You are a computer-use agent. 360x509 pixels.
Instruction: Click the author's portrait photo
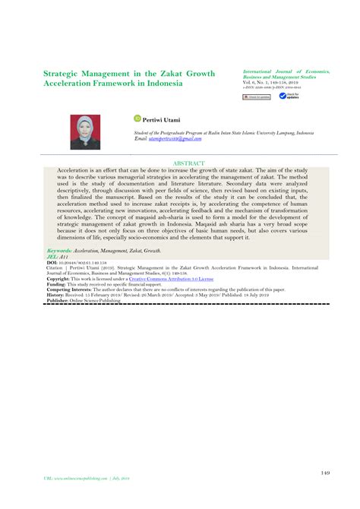[86, 131]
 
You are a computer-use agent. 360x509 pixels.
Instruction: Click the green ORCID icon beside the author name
[137, 118]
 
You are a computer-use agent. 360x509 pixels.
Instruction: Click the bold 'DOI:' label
[52, 263]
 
